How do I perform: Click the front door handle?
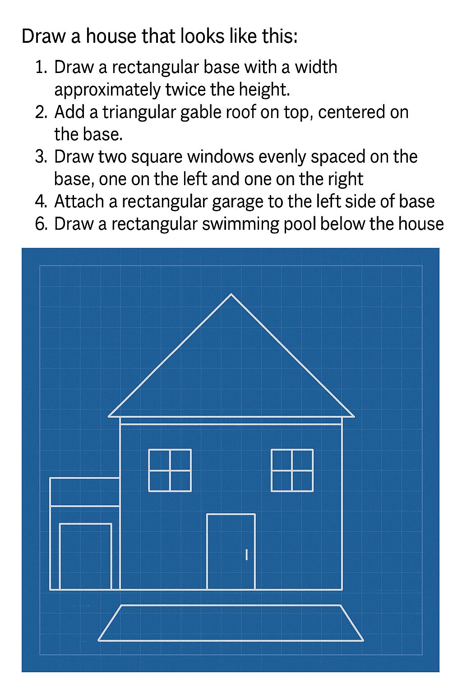(x=246, y=555)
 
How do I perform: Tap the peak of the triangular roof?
(x=231, y=294)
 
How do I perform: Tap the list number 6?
(x=41, y=224)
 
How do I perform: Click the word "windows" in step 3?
(x=220, y=157)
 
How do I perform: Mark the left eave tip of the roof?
(x=109, y=416)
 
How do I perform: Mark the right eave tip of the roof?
(x=354, y=416)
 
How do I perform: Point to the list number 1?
(x=41, y=67)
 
